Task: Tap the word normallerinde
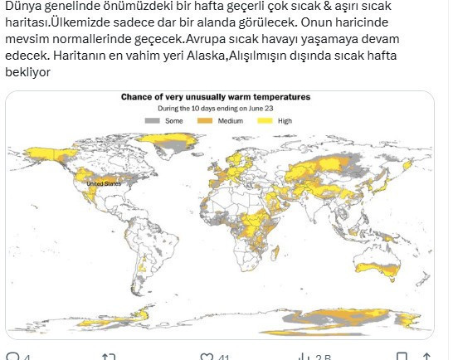click(89, 41)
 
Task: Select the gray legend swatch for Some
click(152, 121)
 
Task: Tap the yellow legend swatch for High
click(265, 121)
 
